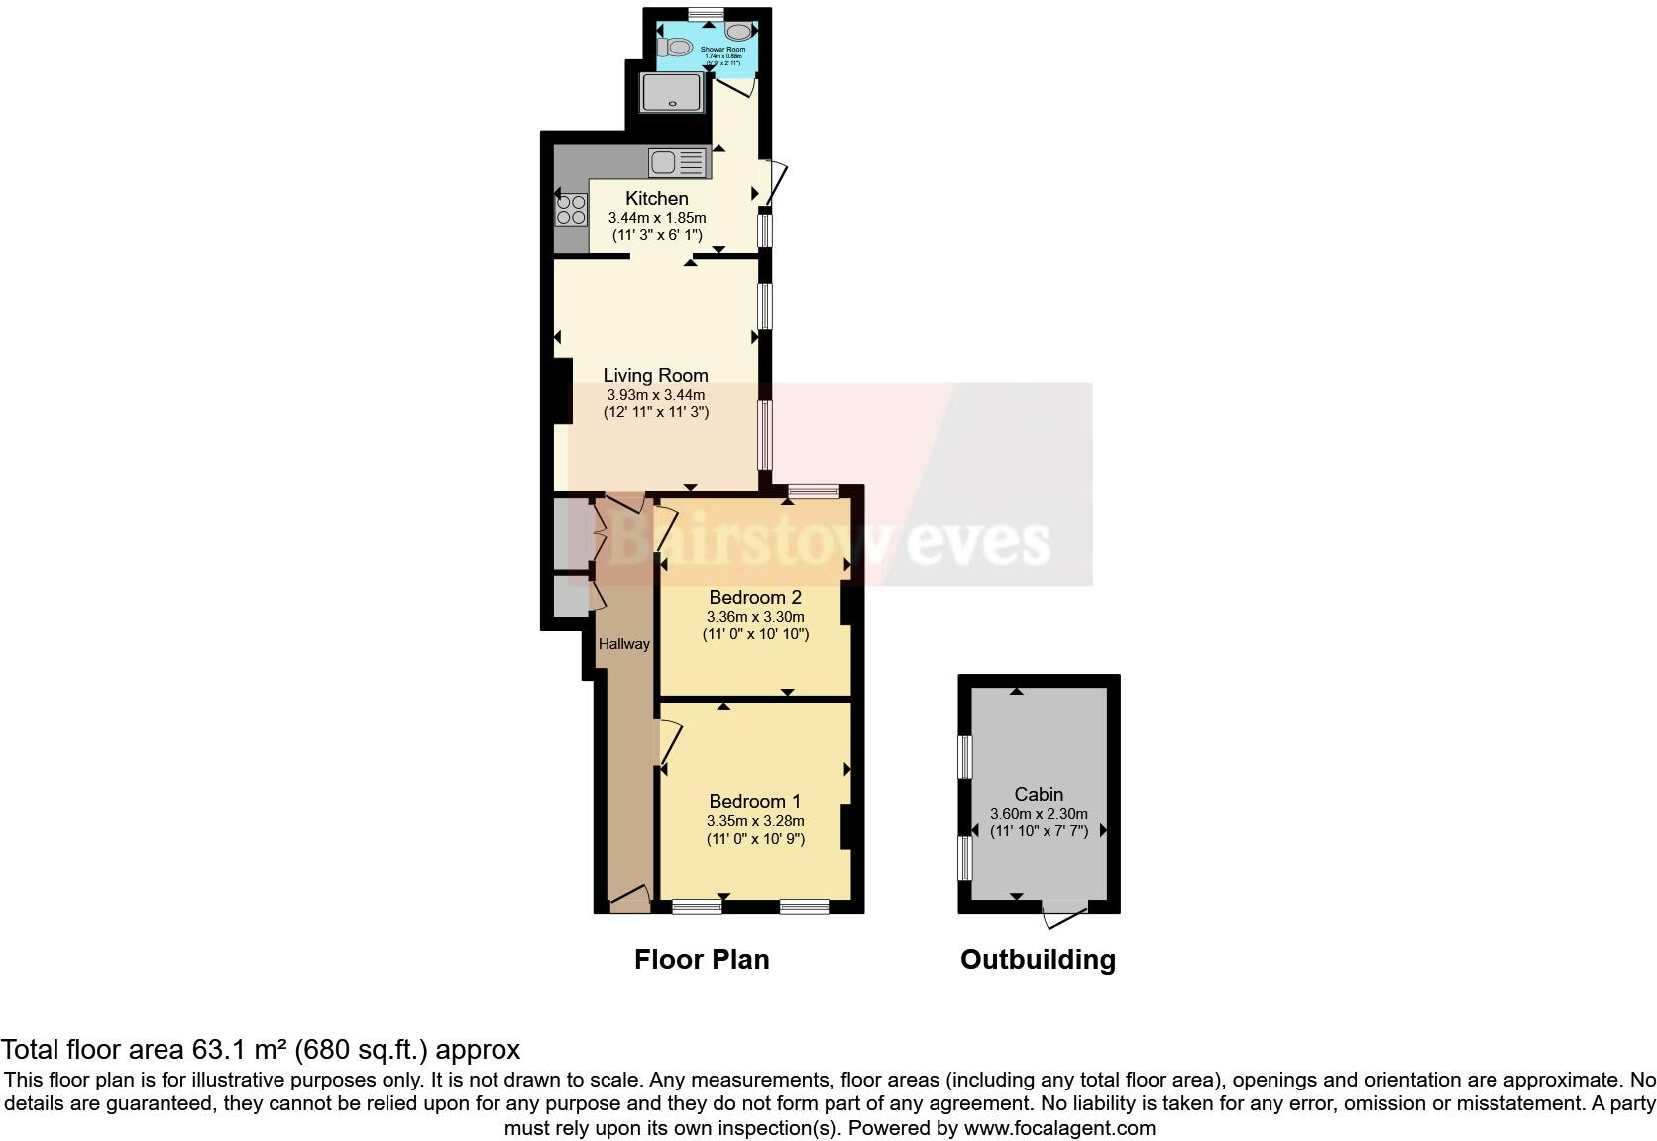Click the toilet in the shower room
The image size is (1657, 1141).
[677, 47]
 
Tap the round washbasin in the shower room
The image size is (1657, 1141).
[751, 32]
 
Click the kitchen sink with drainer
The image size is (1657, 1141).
[679, 161]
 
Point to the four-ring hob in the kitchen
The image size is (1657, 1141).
[571, 210]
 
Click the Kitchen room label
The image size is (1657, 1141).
[656, 198]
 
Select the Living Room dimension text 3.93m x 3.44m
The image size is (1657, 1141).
[656, 394]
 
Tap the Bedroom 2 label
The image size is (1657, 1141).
[754, 597]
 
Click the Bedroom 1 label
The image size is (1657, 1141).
[754, 801]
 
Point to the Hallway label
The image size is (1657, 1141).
[623, 644]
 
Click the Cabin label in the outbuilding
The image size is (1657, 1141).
[1039, 794]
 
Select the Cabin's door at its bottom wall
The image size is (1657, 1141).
[1065, 914]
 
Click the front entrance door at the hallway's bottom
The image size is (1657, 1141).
[629, 899]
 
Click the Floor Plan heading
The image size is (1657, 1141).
[702, 959]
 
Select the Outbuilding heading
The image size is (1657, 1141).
[1038, 959]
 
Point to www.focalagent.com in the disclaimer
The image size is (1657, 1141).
[1059, 1127]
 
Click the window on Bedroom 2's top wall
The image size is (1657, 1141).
[814, 490]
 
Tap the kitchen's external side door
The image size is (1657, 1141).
[774, 184]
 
